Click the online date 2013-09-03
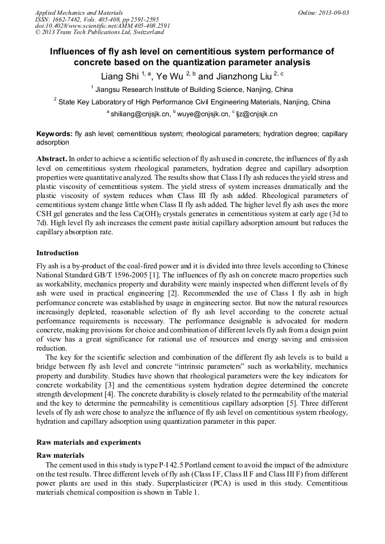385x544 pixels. [334, 12]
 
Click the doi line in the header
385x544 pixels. [102, 26]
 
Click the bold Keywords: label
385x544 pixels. [54, 134]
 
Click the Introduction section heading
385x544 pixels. [57, 253]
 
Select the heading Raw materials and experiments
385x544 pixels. [88, 442]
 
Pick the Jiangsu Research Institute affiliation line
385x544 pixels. [192, 90]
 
